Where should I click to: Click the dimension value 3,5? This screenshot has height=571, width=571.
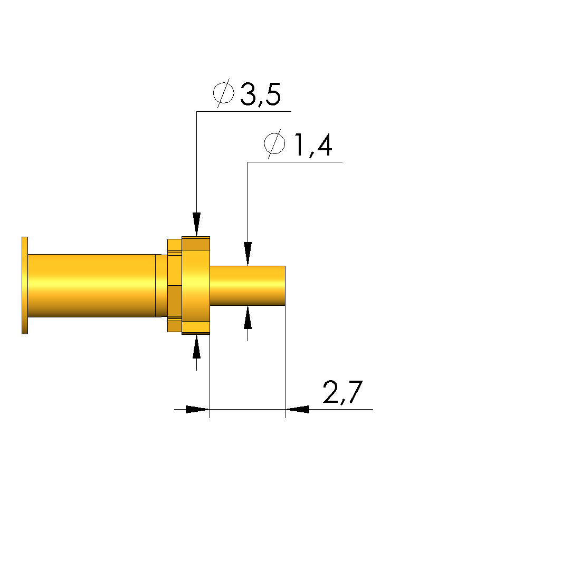click(x=261, y=95)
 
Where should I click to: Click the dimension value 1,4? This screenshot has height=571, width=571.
click(x=313, y=146)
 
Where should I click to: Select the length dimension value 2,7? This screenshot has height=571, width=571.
click(x=343, y=393)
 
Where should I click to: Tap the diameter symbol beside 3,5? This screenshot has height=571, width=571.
click(x=223, y=93)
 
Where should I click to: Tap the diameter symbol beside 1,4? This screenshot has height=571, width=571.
click(x=274, y=143)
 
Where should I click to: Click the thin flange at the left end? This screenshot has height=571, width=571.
click(x=25, y=286)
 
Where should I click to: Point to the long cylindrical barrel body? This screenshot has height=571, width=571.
click(x=92, y=286)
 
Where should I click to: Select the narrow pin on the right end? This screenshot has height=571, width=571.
click(x=248, y=286)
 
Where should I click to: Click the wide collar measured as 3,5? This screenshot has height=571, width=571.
click(x=196, y=286)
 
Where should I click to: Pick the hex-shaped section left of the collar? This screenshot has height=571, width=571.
click(x=175, y=286)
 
